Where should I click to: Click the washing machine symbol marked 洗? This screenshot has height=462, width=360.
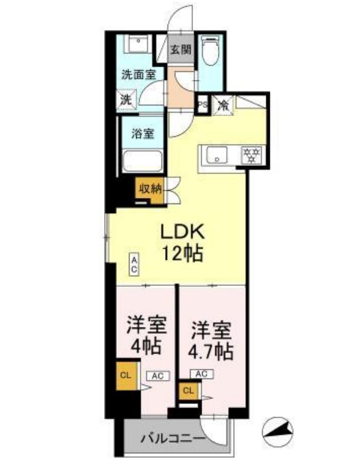coord(126,99)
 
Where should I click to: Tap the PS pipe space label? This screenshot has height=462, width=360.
coord(204,104)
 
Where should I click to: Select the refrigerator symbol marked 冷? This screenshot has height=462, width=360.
coord(222,104)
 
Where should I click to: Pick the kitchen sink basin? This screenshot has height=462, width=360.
coord(216,156)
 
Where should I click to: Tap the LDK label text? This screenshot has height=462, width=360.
coord(182,231)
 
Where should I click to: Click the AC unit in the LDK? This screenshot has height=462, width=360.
coord(134,264)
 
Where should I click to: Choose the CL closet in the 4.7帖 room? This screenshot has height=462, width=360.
coord(188,391)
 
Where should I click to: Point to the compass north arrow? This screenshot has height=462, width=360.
coord(279,432)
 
